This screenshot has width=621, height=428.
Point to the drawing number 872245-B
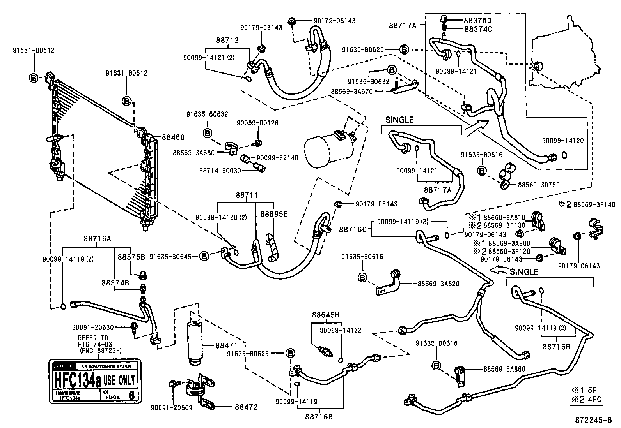pyautogui.click(x=593, y=421)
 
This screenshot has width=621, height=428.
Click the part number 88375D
pyautogui.click(x=477, y=21)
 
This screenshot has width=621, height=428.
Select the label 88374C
pyautogui.click(x=477, y=29)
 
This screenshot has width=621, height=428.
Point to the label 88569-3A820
pyautogui.click(x=438, y=284)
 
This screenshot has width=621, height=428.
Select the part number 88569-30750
pyautogui.click(x=539, y=185)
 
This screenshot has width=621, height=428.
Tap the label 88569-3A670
pyautogui.click(x=351, y=91)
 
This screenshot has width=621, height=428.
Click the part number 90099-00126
pyautogui.click(x=257, y=123)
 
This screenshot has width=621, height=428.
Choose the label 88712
pyautogui.click(x=227, y=41)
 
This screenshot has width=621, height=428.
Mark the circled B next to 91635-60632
pyautogui.click(x=208, y=133)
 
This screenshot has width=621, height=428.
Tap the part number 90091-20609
pyautogui.click(x=172, y=408)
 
